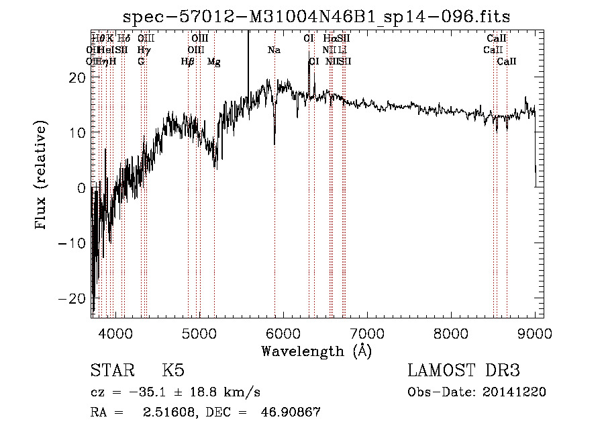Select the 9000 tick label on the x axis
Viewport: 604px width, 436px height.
click(x=535, y=333)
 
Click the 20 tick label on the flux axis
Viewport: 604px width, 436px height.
click(x=79, y=77)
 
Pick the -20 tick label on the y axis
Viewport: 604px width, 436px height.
click(x=75, y=298)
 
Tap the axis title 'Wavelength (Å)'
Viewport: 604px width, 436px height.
click(x=316, y=351)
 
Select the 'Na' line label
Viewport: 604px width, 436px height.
click(x=274, y=50)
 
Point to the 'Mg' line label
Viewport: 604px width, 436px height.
click(x=214, y=62)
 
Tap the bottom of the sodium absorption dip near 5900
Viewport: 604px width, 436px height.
click(x=274, y=143)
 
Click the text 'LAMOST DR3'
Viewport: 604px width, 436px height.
click(x=464, y=371)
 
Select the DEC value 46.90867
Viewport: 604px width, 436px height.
click(x=290, y=412)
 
